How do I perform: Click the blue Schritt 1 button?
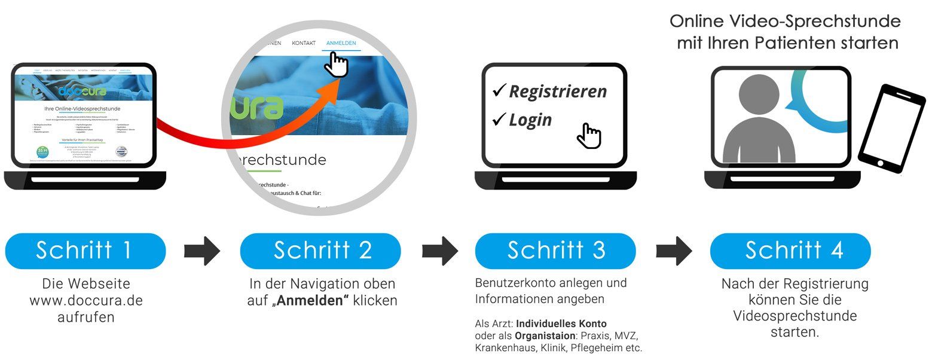tap(85, 251)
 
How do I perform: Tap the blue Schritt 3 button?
tap(555, 251)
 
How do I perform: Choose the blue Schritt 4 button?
tap(790, 251)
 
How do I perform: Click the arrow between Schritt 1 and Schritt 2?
tap(202, 251)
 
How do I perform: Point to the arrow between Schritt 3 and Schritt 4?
tap(674, 251)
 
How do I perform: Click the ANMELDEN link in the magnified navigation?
tap(341, 43)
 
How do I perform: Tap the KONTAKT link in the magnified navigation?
tap(304, 43)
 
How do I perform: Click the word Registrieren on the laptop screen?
tap(557, 91)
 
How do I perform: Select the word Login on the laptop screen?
tap(530, 120)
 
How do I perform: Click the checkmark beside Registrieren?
tap(499, 91)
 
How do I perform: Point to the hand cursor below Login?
tap(589, 136)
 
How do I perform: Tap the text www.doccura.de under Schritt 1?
tap(86, 300)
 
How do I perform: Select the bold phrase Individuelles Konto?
tap(561, 324)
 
